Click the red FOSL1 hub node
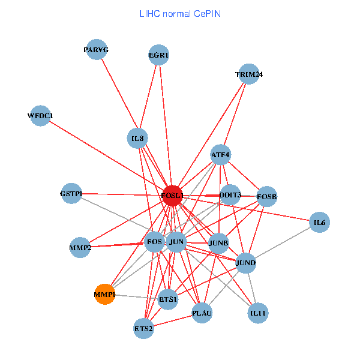point(172,195)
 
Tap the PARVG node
point(96,50)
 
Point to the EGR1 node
point(159,56)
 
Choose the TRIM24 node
point(249,74)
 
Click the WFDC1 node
point(41,115)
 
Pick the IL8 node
point(138,139)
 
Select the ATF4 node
point(220,155)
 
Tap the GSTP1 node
point(71,194)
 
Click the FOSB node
point(266,196)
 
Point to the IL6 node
point(319,223)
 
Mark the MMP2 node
point(80,247)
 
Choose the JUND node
point(246,263)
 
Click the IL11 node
point(258,313)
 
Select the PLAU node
point(202,313)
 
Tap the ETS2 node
point(144,328)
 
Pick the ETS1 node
point(168,299)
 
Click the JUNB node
point(218,243)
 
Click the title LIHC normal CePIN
point(179,13)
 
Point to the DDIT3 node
point(230,195)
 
